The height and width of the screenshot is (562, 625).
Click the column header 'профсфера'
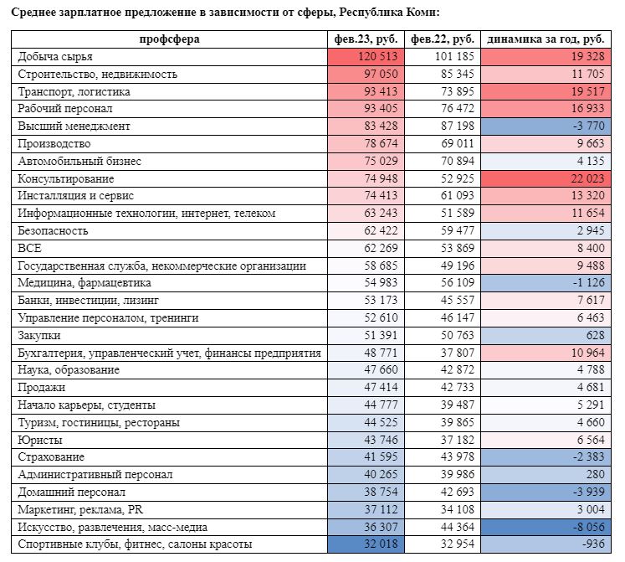(x=169, y=39)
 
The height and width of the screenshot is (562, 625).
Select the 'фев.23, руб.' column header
(x=365, y=39)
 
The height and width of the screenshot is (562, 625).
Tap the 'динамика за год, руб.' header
(x=546, y=39)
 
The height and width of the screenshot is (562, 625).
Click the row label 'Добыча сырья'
(x=55, y=57)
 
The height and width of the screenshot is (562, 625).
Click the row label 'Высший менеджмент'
(x=74, y=126)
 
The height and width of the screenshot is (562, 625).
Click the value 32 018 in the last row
(x=381, y=544)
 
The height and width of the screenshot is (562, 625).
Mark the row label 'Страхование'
(x=51, y=457)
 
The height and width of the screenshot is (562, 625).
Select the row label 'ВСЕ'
(x=29, y=248)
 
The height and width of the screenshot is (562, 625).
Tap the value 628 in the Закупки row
(x=594, y=335)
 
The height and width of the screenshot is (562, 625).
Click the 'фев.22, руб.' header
(x=443, y=39)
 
